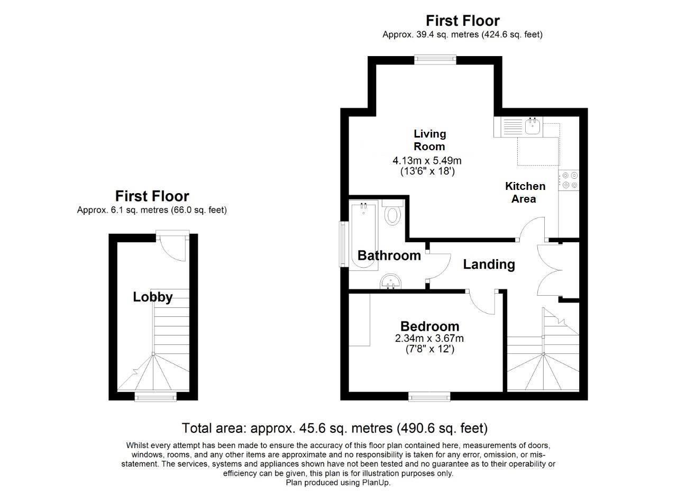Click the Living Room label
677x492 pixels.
(x=429, y=140)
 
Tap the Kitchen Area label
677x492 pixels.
(x=525, y=193)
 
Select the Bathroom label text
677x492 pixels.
(x=389, y=256)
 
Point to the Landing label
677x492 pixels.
(x=489, y=264)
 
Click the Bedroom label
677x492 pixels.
(x=429, y=326)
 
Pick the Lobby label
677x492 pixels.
(x=152, y=297)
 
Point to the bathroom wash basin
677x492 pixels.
(x=391, y=282)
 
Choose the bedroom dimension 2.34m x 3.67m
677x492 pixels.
(x=429, y=339)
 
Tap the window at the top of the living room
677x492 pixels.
(x=435, y=60)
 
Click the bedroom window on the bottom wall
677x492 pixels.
(x=429, y=396)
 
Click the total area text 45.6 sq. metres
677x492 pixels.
(x=334, y=428)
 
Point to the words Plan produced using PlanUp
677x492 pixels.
(x=338, y=482)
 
